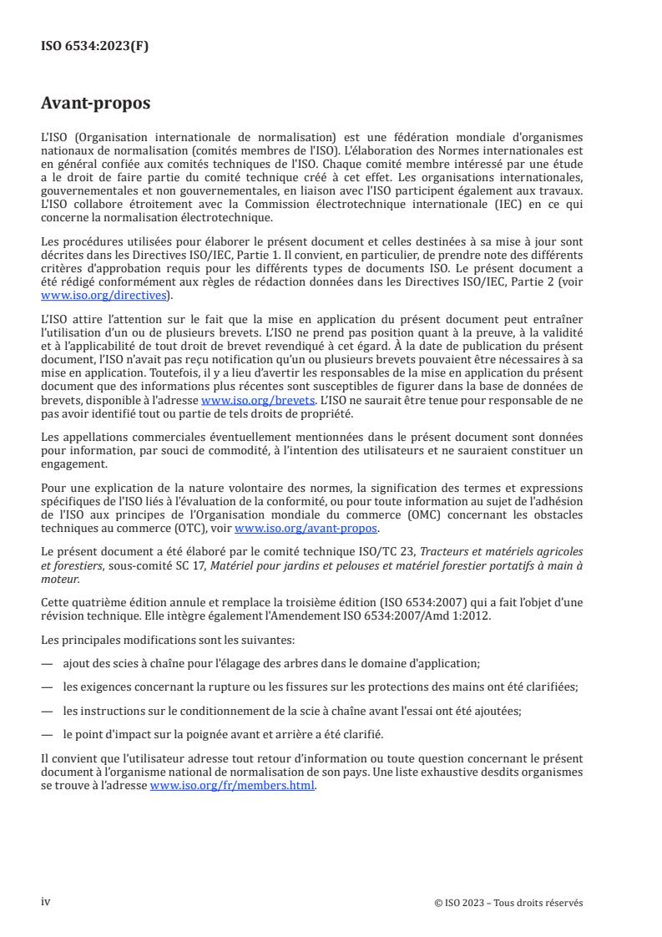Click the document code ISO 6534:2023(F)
[95, 46]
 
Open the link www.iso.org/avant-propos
[306, 528]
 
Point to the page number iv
[46, 901]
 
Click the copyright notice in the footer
[508, 902]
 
